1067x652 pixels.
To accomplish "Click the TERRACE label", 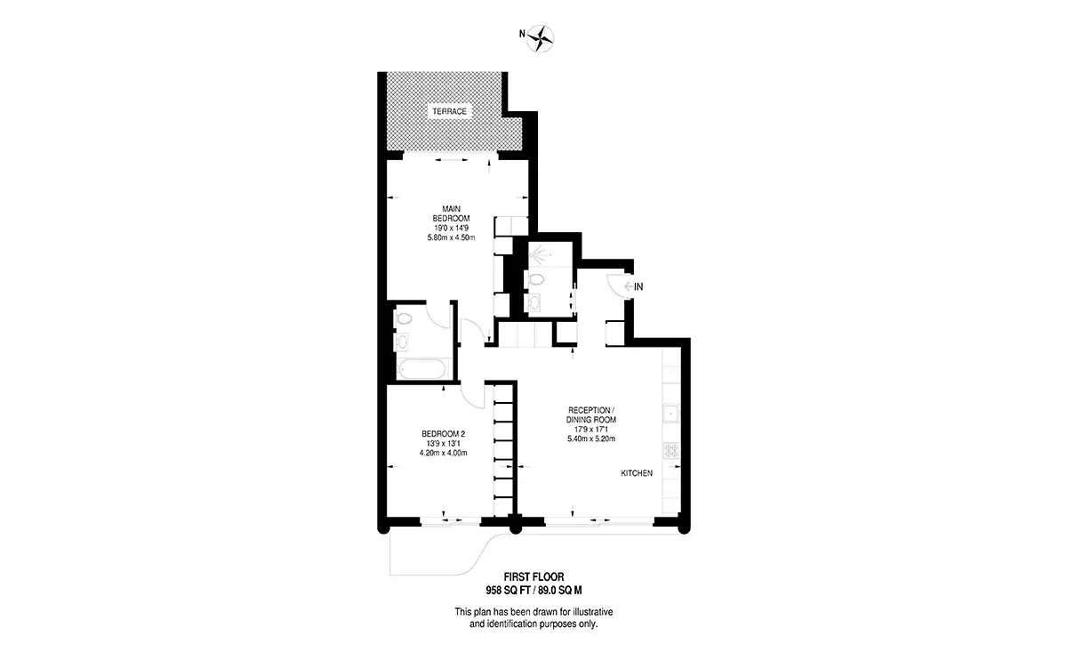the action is click(x=449, y=111).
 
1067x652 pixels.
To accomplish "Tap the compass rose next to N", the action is click(x=541, y=38).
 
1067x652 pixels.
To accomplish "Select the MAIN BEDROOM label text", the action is click(x=451, y=213).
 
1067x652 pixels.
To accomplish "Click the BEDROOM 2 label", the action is click(x=443, y=434).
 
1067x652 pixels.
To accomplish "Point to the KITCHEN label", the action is click(x=637, y=473).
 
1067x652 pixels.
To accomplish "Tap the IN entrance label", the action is click(x=638, y=286).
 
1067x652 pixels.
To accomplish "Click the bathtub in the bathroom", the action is click(x=422, y=368).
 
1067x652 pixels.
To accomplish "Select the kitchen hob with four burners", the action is click(x=671, y=451).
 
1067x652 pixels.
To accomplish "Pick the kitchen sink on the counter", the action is click(x=671, y=414).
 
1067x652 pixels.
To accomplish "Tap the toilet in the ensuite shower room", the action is click(x=535, y=280).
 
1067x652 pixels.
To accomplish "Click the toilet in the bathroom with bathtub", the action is click(x=403, y=318).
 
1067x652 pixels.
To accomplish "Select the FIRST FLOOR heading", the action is click(x=533, y=577).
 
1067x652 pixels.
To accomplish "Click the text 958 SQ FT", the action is click(x=508, y=591).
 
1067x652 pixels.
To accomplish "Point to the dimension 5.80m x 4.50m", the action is click(x=451, y=237).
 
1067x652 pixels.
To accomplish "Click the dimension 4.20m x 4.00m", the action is click(x=443, y=454).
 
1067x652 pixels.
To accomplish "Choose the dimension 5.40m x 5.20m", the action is click(x=591, y=439).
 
